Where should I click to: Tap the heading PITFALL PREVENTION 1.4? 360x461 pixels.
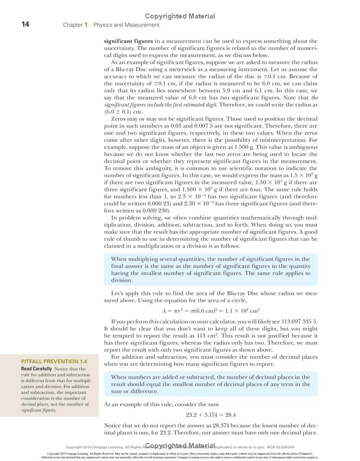click(x=54, y=361)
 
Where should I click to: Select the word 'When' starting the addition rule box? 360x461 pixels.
click(x=120, y=377)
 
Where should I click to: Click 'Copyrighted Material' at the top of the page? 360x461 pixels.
click(x=180, y=16)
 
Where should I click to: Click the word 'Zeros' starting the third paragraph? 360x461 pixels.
click(x=119, y=119)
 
